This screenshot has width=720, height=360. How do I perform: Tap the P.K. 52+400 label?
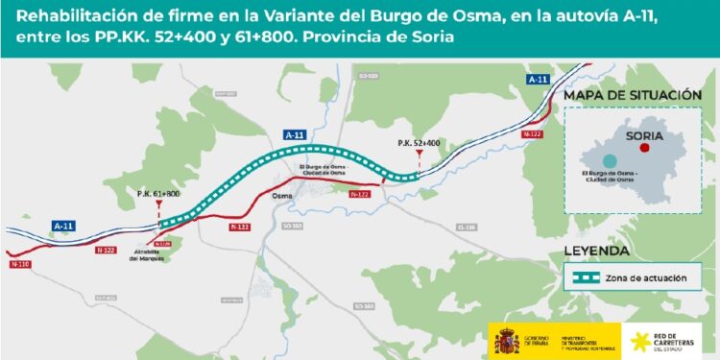click(x=419, y=143)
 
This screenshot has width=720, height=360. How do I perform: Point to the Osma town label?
click(x=281, y=196)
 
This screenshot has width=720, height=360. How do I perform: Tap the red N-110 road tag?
click(x=18, y=263)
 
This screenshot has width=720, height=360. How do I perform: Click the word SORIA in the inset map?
click(x=644, y=135)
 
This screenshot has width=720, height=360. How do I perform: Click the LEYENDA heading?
click(x=596, y=252)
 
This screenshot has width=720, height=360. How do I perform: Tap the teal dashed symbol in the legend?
click(x=582, y=277)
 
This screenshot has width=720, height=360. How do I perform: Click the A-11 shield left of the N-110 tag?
click(x=63, y=226)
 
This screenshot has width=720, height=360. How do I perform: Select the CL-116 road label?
click(x=468, y=227)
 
